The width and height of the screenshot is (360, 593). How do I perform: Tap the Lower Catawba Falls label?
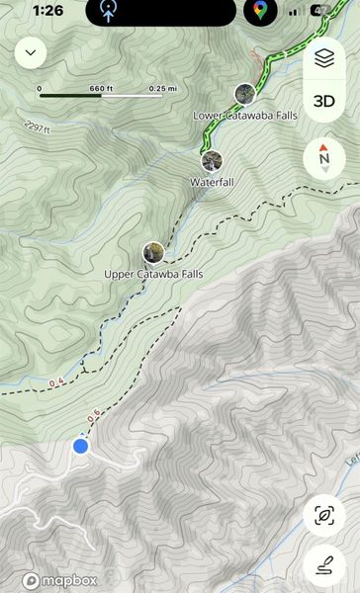[x=245, y=116]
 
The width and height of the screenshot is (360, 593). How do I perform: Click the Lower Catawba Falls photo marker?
[x=245, y=94]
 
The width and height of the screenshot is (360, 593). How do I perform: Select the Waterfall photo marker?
[x=211, y=161]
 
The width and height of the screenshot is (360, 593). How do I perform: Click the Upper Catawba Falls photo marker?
[x=152, y=252]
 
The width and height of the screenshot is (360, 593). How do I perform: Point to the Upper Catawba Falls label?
[x=153, y=273]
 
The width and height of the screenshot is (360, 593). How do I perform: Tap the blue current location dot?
[x=81, y=447]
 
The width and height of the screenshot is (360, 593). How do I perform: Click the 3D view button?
[x=324, y=101]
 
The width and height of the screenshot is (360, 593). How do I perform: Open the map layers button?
[x=324, y=59]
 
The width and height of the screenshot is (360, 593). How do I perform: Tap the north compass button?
[x=324, y=158]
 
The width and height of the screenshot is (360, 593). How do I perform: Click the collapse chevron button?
[x=31, y=52]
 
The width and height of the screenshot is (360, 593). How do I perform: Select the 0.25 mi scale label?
[x=156, y=88]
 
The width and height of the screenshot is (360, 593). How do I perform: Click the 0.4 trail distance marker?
[x=55, y=381]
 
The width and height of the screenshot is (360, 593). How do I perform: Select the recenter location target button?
[x=323, y=515]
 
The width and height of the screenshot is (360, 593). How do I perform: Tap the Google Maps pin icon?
[x=259, y=12]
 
